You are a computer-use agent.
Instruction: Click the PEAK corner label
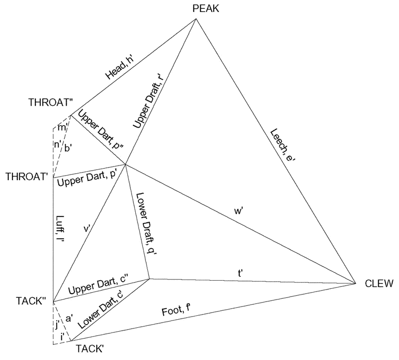pyautogui.click(x=206, y=9)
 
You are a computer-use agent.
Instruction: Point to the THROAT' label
pyautogui.click(x=27, y=177)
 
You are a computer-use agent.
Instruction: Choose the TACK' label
pyautogui.click(x=90, y=348)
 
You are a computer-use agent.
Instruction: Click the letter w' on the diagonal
pyautogui.click(x=238, y=211)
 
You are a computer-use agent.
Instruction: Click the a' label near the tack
pyautogui.click(x=68, y=317)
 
